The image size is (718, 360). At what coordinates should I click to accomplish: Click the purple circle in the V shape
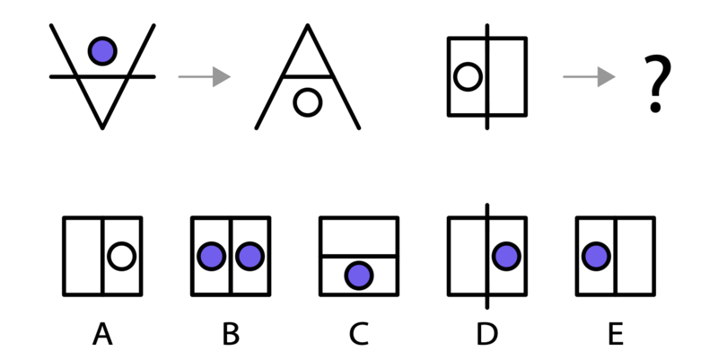coord(102,51)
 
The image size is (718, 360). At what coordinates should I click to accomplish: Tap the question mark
coord(658,83)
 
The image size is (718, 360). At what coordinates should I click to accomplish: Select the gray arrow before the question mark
coord(589,76)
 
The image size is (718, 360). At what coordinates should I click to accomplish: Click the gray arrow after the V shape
coord(205,76)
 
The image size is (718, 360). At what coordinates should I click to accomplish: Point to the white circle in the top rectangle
coord(468,76)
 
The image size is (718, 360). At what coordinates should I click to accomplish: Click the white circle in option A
coord(122,256)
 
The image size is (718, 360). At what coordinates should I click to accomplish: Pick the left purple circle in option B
coord(212,256)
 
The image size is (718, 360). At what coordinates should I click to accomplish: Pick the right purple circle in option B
coord(250,256)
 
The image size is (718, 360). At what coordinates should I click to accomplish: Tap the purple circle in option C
coord(359,276)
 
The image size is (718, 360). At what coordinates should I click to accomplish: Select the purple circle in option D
coord(506,256)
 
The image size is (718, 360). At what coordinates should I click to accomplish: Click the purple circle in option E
coord(596,256)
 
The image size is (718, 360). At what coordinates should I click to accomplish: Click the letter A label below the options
coord(102,333)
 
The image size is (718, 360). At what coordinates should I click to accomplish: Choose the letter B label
coord(231,333)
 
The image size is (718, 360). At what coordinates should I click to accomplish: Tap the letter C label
coord(359,333)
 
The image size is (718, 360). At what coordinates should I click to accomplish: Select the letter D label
coord(487,333)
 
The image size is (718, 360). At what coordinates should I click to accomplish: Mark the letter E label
coord(616,333)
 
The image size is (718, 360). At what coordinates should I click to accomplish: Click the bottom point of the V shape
coord(102,127)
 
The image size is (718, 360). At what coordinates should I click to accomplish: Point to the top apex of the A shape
coord(308,26)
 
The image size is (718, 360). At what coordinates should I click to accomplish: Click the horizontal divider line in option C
coord(359,256)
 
